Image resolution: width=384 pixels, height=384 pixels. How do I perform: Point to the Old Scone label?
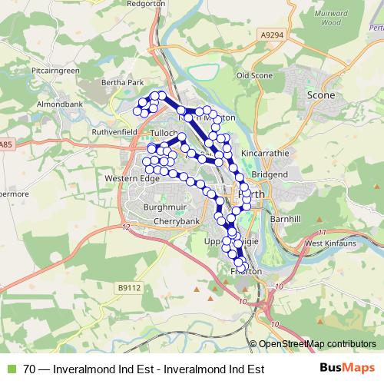click(x=254, y=76)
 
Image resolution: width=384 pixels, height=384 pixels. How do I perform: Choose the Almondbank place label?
click(x=54, y=101)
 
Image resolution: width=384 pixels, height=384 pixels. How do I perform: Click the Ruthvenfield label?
click(x=113, y=131)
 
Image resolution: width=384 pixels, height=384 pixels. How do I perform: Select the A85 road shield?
click(x=7, y=144)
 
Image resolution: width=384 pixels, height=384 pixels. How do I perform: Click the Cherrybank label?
click(x=155, y=220)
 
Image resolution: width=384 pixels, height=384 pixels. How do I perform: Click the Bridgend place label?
click(x=269, y=174)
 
